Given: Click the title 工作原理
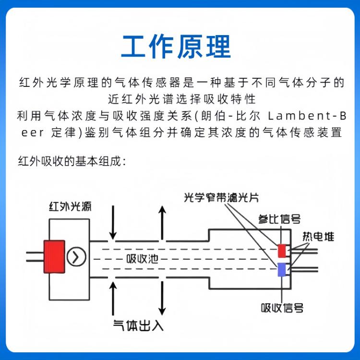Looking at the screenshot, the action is pos(176,47).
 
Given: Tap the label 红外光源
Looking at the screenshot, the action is pos(70,206).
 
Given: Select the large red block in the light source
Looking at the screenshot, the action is pos(54,257).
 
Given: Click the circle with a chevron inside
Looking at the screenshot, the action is pos(76,257).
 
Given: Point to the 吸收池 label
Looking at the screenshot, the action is pos(143,259).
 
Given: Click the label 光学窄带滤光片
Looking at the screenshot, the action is pos(221,198).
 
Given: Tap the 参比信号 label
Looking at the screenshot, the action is pos(279,219).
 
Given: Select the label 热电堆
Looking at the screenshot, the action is pos(318,237).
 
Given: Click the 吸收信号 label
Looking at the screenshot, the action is pos(282,308).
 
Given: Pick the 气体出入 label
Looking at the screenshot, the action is pos(138,325).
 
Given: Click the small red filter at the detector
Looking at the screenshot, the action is pos(282,251).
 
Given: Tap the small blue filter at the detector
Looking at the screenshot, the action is pos(282,269).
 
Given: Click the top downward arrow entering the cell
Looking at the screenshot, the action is pos(113,222).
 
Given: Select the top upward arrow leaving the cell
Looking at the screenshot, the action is pos(162,222).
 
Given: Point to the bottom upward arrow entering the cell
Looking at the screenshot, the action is pos(113,299).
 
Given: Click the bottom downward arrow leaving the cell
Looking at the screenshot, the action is pos(162,299).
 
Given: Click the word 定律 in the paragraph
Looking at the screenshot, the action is pos(63,132).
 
